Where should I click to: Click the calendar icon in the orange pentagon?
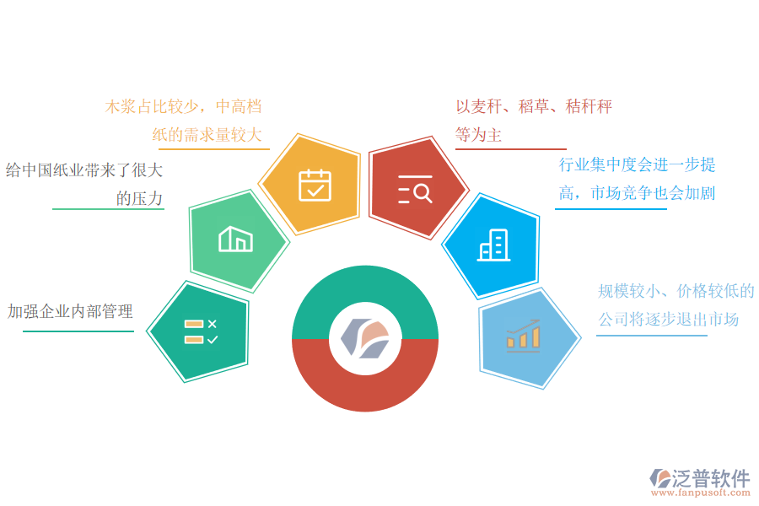point(315,185)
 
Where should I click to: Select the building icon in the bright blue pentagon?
point(492,245)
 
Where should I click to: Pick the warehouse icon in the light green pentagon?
point(235,240)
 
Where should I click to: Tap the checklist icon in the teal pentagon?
point(201,331)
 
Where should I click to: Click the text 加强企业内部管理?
point(70,312)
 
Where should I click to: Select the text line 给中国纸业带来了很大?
point(84,170)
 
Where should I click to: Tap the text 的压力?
point(139,199)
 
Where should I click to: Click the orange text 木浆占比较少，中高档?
point(183,107)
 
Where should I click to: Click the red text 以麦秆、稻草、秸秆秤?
point(533,107)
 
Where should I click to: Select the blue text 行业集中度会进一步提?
point(637,164)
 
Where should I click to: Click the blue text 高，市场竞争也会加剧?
point(637,193)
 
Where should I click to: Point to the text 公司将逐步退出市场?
point(668,320)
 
